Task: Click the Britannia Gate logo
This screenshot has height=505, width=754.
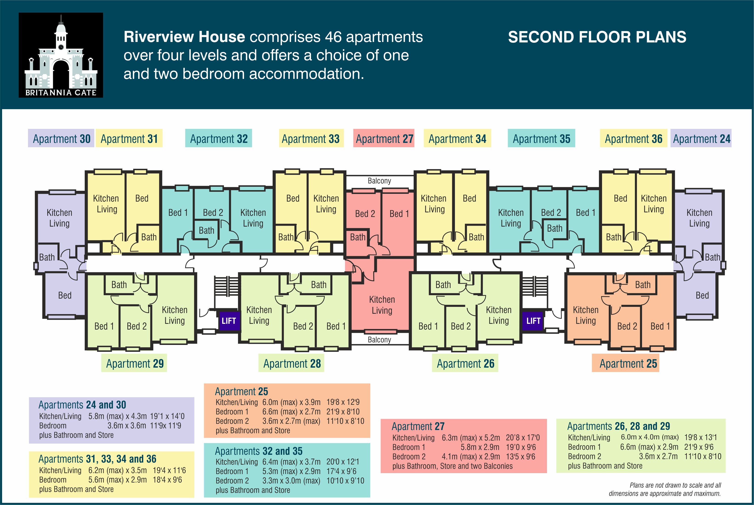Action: click(x=61, y=55)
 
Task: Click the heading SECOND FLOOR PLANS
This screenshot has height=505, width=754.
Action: click(x=597, y=37)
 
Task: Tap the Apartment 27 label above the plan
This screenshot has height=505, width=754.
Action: click(x=384, y=139)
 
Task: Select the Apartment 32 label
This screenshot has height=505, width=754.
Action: click(x=219, y=139)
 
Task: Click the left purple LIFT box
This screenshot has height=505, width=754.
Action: click(x=229, y=321)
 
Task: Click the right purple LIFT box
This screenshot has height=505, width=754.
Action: click(x=533, y=321)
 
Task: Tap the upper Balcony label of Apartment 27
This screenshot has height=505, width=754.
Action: click(x=379, y=181)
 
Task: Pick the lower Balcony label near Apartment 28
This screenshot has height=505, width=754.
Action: click(x=379, y=340)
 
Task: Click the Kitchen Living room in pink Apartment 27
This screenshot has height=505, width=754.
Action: click(x=382, y=305)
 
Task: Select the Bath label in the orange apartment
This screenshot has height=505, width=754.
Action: click(x=642, y=285)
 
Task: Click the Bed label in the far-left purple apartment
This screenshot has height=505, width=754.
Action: click(x=64, y=295)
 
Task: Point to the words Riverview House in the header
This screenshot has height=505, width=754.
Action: click(x=184, y=37)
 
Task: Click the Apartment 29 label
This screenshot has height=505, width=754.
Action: click(x=135, y=363)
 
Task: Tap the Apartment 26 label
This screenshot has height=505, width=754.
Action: click(x=465, y=363)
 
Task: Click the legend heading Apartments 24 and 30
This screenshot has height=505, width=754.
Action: click(x=82, y=405)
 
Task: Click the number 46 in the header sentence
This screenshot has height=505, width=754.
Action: click(x=333, y=37)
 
